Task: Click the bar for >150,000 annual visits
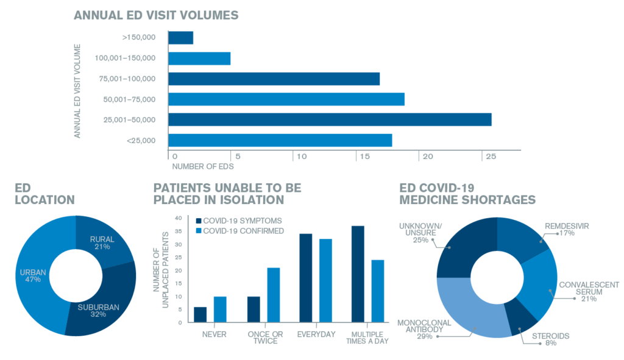pyautogui.click(x=180, y=38)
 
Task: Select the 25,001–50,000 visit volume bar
pyautogui.click(x=330, y=119)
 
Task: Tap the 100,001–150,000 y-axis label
pyautogui.click(x=125, y=58)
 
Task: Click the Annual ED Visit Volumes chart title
pyautogui.click(x=156, y=15)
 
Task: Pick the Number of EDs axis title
pyautogui.click(x=203, y=166)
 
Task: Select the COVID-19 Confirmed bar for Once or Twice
pyautogui.click(x=274, y=295)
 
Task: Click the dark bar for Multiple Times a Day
pyautogui.click(x=358, y=274)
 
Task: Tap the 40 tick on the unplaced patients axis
pyautogui.click(x=178, y=218)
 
